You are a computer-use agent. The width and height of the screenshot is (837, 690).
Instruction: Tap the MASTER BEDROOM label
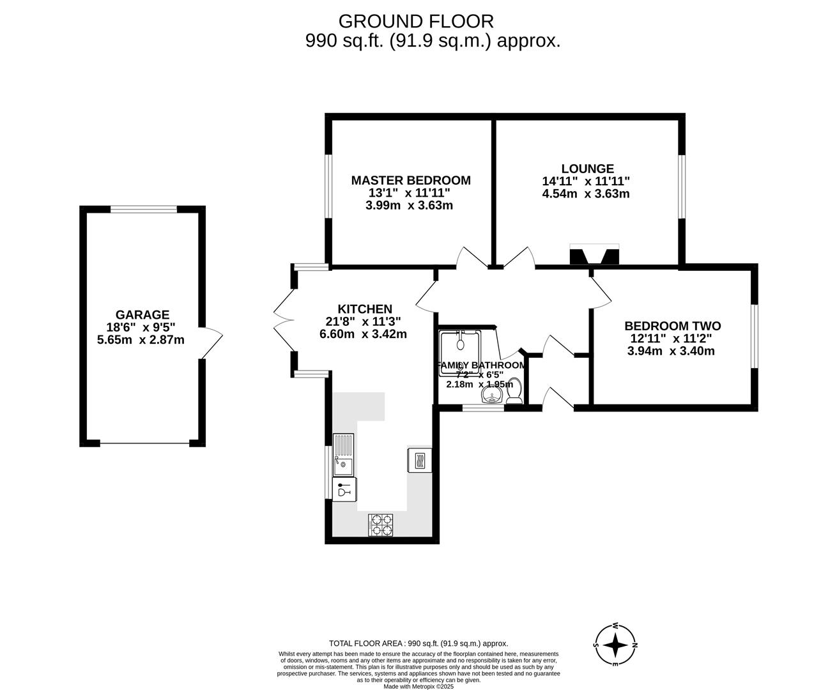click(410, 181)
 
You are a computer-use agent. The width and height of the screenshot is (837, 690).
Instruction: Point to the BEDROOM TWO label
click(672, 326)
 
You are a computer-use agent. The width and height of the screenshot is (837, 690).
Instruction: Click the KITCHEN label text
click(365, 309)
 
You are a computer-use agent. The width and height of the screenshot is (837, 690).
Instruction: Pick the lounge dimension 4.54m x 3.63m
click(586, 194)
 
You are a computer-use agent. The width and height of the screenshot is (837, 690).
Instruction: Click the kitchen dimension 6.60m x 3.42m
click(363, 334)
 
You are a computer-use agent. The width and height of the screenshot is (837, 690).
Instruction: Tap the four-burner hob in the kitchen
click(381, 525)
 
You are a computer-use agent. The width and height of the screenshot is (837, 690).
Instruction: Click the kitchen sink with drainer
click(343, 454)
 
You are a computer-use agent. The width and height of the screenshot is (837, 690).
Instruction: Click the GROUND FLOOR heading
click(416, 21)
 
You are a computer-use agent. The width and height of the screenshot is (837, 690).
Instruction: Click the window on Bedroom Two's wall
click(754, 336)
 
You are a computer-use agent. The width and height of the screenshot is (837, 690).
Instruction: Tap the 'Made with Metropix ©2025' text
click(418, 687)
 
